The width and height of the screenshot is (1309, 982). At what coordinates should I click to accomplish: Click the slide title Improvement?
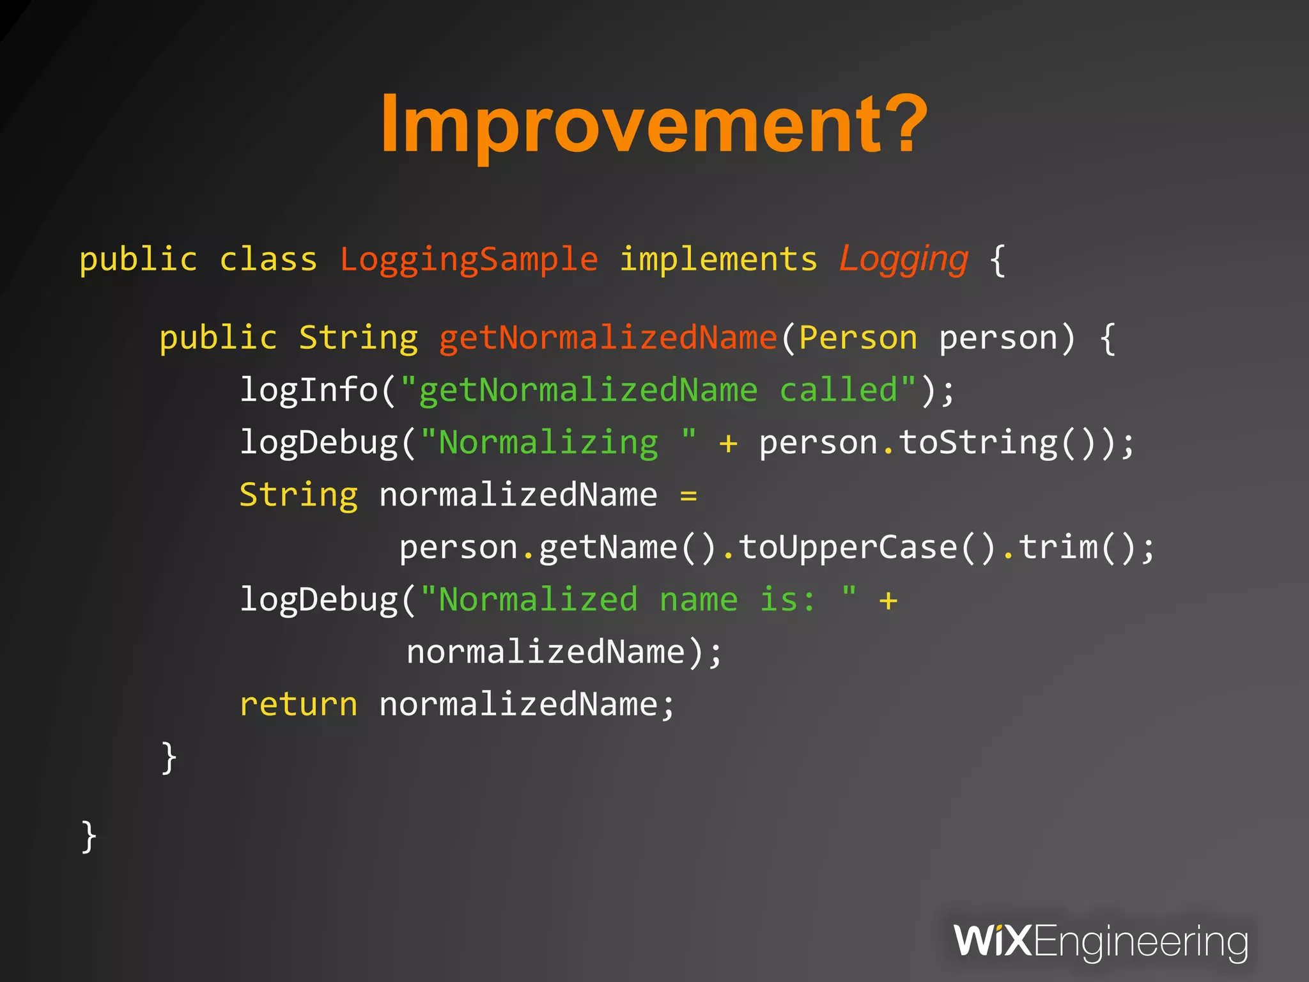coord(653,125)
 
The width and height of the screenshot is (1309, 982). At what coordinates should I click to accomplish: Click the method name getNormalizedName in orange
coord(607,338)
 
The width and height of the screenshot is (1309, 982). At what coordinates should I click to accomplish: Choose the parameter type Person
coord(858,338)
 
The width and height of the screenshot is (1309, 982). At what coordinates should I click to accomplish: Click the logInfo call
coord(309,390)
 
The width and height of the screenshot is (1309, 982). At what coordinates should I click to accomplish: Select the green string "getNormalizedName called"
coord(658,390)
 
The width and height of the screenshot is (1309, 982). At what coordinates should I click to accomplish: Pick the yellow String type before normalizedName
coord(298,495)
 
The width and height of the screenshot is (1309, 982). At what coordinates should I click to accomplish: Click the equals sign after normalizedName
coord(688,495)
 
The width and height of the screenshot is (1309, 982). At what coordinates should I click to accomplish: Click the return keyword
coord(298,705)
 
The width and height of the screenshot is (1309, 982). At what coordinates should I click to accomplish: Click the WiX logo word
coord(993,941)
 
